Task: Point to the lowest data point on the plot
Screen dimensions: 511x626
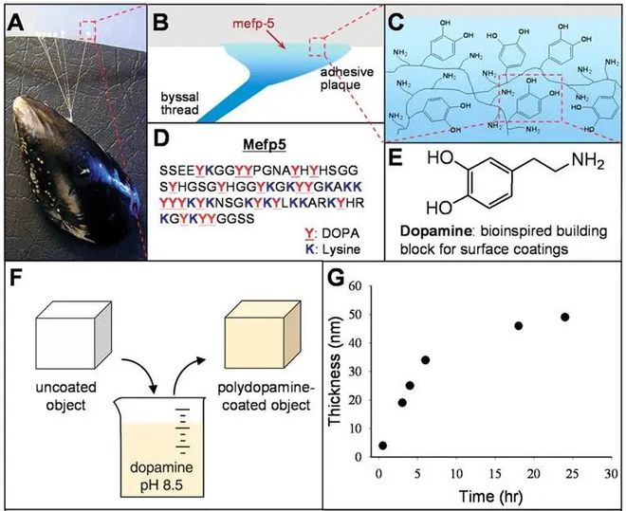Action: point(382,445)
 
